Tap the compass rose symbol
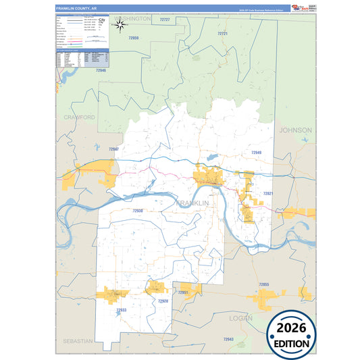click(120, 26)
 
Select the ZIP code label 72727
click(165, 20)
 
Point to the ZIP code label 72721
click(223, 33)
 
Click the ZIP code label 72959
click(134, 38)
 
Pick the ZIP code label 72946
click(101, 70)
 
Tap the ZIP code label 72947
click(114, 149)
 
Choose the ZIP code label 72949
click(256, 153)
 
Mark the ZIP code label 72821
click(268, 193)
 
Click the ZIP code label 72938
click(138, 211)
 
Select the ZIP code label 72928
click(163, 301)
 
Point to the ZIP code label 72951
click(183, 292)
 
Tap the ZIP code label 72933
click(121, 310)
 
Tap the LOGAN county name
click(240, 317)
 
